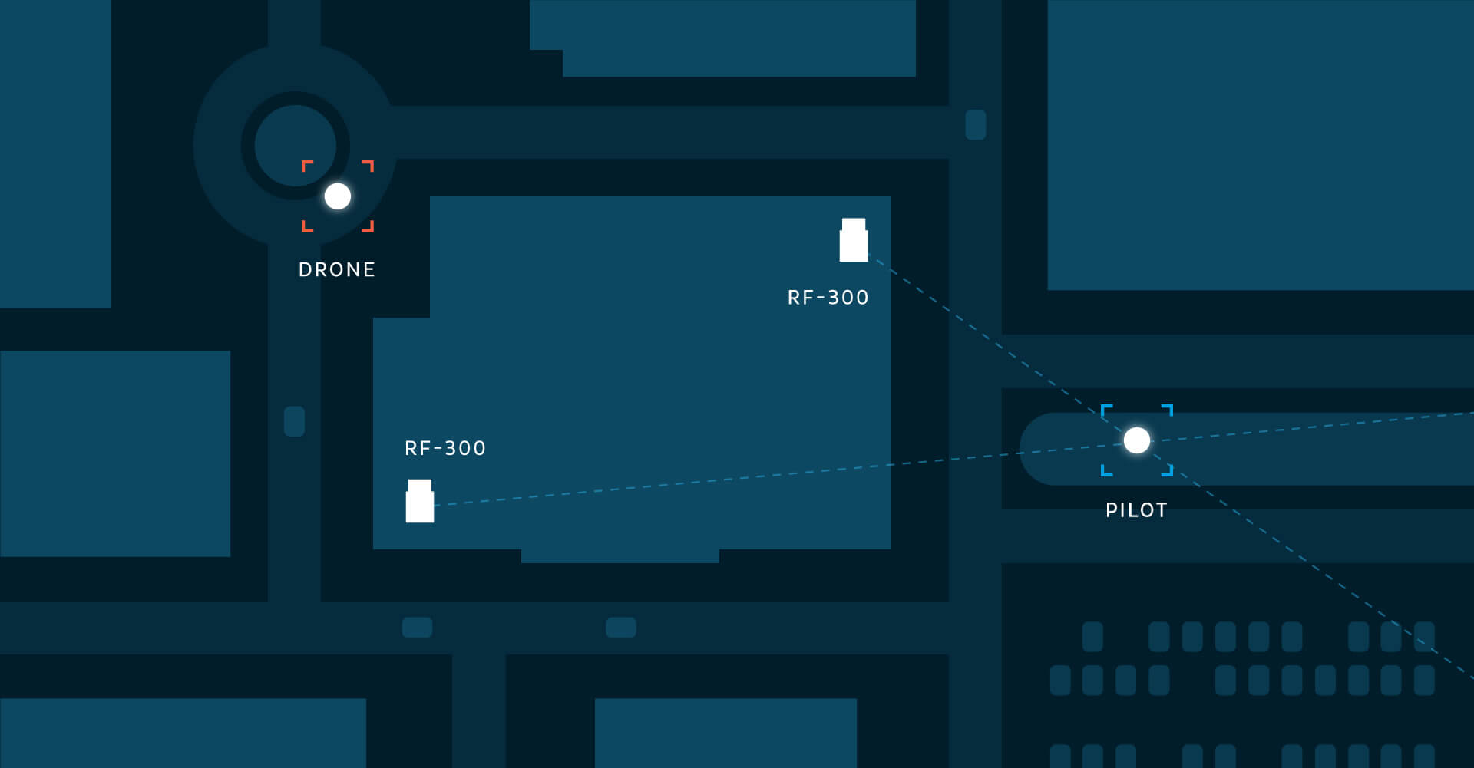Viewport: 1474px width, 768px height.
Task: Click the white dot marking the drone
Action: point(338,196)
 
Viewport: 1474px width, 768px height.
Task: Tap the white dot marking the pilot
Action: point(1137,440)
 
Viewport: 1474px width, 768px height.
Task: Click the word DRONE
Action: point(337,270)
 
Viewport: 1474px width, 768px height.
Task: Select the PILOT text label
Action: point(1136,510)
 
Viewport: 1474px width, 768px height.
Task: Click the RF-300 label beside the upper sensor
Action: point(828,298)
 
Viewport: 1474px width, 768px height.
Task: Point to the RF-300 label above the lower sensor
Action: point(445,448)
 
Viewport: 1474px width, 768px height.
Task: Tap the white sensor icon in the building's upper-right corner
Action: point(854,240)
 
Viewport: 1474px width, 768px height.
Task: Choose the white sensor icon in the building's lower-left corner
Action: point(420,501)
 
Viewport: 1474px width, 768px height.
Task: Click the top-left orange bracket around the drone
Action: point(306,165)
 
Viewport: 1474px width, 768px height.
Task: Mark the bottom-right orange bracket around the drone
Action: point(369,227)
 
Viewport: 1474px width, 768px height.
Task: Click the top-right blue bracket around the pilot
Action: point(1168,409)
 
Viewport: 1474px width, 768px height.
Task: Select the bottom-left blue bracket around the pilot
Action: point(1105,471)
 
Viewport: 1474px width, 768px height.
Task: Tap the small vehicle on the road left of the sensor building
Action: point(295,421)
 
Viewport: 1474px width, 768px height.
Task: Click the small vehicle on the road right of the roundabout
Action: point(976,125)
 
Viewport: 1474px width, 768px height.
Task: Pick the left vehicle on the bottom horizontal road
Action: point(417,628)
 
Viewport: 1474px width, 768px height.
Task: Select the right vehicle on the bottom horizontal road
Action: point(621,628)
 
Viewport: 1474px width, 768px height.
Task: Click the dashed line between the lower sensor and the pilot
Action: point(768,476)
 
